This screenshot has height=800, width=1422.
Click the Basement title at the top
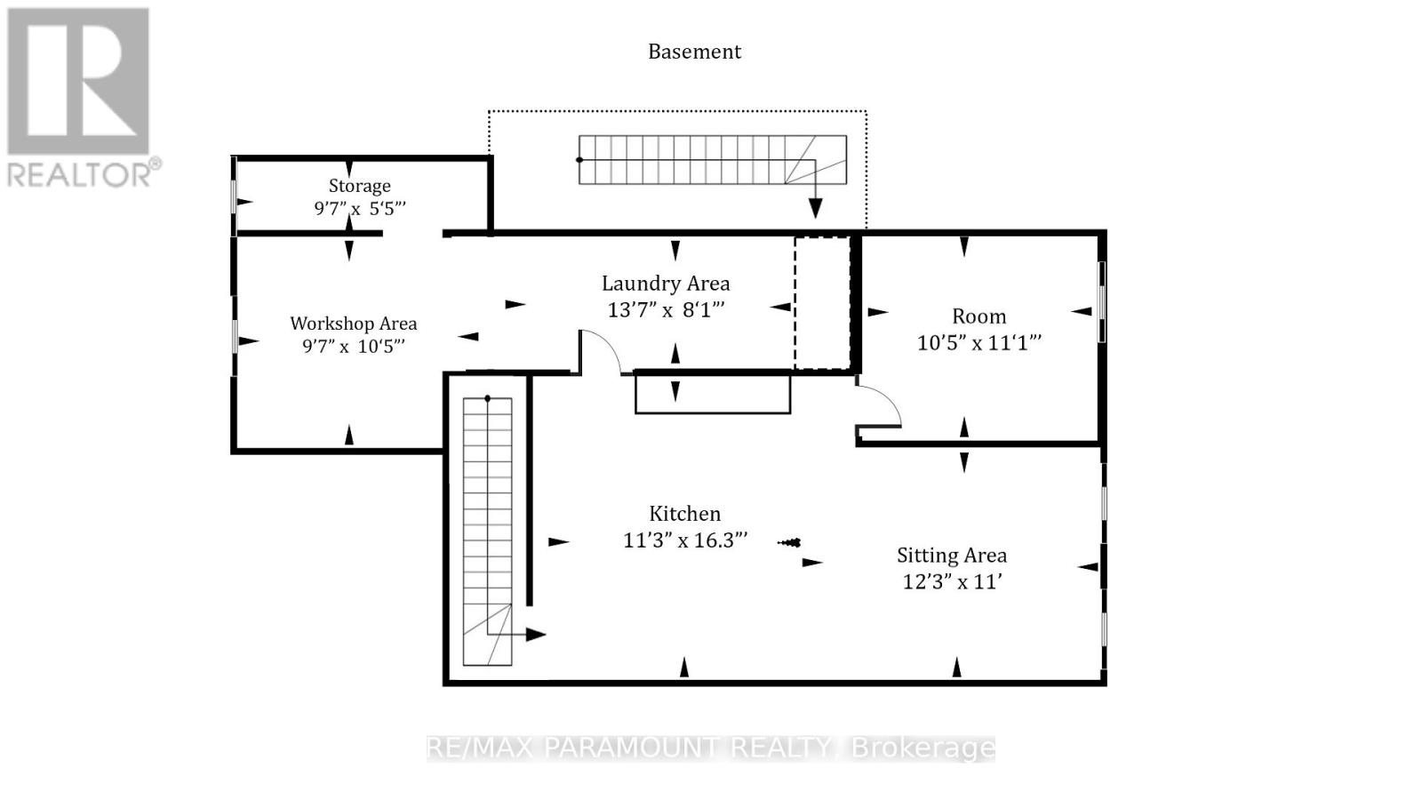tap(694, 52)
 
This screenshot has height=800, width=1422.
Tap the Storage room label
tap(359, 186)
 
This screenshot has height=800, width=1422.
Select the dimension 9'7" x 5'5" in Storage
tap(359, 208)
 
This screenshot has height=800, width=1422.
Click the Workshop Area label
tap(354, 324)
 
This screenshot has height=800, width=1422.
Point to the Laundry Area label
tap(666, 284)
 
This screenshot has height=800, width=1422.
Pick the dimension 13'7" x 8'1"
tap(666, 310)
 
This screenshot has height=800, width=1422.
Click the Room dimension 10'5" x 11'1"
tap(979, 343)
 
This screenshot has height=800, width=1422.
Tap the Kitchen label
tap(684, 513)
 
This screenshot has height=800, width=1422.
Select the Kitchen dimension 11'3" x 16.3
tap(685, 540)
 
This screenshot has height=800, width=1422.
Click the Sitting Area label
tap(952, 556)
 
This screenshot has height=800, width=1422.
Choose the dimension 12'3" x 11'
tap(952, 581)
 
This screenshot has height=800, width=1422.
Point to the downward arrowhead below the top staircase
tap(815, 208)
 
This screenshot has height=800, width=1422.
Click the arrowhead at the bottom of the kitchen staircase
tap(536, 635)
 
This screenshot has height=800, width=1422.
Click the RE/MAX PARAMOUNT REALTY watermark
tap(710, 748)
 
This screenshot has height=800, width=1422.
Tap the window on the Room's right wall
tap(1101, 302)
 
